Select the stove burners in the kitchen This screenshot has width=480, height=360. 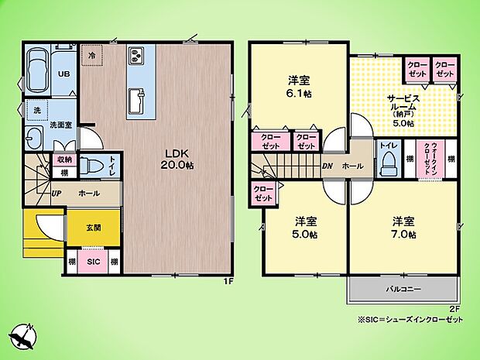coord(136,57)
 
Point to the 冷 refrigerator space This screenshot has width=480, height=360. coord(91,56)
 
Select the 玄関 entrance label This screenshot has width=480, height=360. coord(93,226)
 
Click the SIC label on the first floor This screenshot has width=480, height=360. coord(93,262)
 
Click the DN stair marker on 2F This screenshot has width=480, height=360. coord(327,166)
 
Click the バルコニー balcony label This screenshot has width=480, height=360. coord(403,290)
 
